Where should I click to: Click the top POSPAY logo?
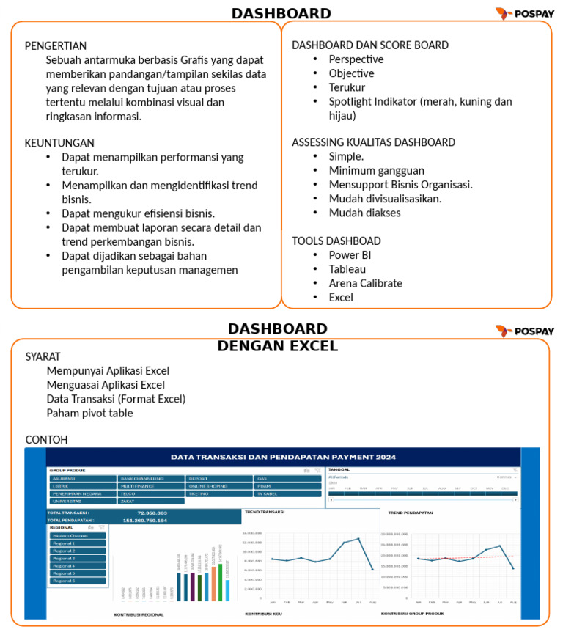524,12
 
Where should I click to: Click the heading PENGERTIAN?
56,45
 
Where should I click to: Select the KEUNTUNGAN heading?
59,143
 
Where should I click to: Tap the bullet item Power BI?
350,255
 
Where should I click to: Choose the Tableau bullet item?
347,269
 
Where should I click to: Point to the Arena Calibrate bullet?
365,283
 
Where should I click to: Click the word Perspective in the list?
356,59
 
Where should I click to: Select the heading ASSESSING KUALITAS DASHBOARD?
373,142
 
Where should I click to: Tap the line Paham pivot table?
89,413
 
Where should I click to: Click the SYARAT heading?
43,356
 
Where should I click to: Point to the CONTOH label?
46,440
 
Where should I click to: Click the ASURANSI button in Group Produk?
82,478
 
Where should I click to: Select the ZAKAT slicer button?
150,501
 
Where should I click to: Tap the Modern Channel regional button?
78,536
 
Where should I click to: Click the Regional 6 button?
78,581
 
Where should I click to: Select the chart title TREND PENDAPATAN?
411,513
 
